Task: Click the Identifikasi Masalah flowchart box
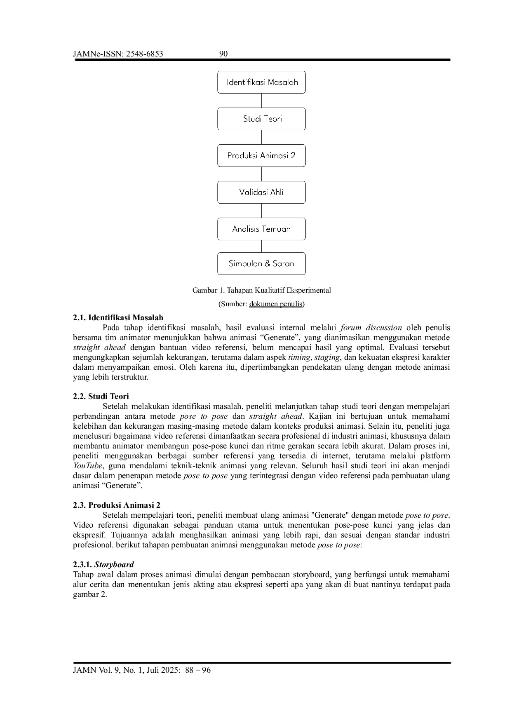point(261,82)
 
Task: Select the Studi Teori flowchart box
point(261,119)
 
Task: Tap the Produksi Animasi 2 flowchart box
point(261,155)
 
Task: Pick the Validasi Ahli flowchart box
point(261,192)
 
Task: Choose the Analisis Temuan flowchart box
point(261,229)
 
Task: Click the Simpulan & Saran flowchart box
point(261,263)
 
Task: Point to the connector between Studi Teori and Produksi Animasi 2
point(261,137)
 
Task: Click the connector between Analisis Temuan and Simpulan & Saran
point(261,246)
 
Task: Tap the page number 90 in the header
point(224,54)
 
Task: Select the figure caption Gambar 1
point(261,290)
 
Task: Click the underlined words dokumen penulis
point(276,304)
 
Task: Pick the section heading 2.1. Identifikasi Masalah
point(118,318)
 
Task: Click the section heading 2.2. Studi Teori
point(101,397)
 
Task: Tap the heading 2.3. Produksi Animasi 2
point(117,505)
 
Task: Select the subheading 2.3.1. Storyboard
point(103,565)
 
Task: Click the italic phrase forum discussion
point(371,328)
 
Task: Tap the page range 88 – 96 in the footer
point(198,670)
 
